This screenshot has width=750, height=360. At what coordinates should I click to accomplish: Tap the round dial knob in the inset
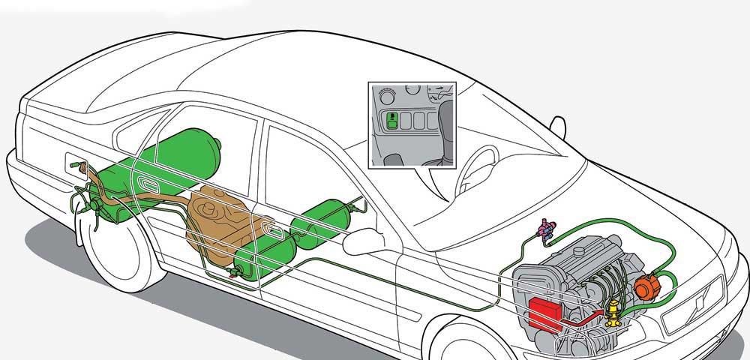[387, 95]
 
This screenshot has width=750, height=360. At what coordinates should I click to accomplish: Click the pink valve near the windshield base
[546, 228]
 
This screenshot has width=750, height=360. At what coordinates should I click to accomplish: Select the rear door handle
[145, 184]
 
